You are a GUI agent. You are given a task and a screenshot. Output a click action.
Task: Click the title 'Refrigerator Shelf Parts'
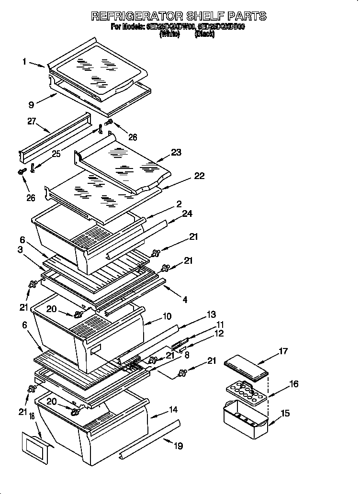pos(179,16)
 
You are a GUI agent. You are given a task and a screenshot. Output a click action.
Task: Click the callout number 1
pos(24,61)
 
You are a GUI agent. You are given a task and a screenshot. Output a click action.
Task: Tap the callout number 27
pos(32,122)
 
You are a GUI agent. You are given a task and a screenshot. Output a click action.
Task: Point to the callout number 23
pos(177,153)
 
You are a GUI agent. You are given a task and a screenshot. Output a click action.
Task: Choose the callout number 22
pos(199,176)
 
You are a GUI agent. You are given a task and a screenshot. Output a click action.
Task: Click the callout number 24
pos(187,213)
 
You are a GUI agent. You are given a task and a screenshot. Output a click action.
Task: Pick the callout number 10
pos(167,316)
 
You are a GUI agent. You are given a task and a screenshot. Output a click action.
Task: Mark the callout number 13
pos(211,314)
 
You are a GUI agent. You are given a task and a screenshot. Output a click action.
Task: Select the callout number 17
pos(283,351)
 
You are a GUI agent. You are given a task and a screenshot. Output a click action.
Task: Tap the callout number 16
pos(294,383)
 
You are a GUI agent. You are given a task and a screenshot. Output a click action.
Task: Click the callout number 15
pos(285,413)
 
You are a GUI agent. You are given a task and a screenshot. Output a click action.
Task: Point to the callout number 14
pos(173,409)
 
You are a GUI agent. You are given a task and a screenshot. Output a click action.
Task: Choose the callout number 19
pos(178,446)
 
